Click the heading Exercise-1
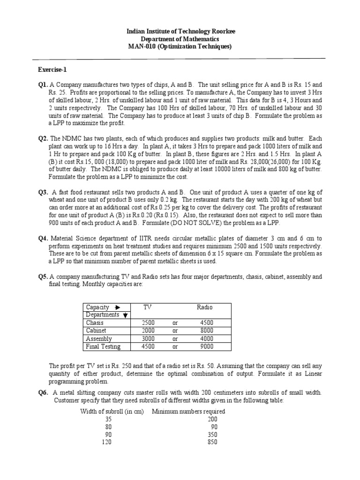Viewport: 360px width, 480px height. pyautogui.click(x=52, y=70)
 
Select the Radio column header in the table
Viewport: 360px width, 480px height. pyautogui.click(x=204, y=307)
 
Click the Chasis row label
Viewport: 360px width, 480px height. pyautogui.click(x=95, y=323)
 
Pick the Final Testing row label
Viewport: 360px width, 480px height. pyautogui.click(x=103, y=347)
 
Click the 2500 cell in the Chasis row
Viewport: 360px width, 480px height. pyautogui.click(x=148, y=323)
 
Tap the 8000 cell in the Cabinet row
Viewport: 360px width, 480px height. pyautogui.click(x=206, y=331)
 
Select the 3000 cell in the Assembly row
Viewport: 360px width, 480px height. pyautogui.click(x=148, y=339)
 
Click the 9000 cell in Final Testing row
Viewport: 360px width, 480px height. pyautogui.click(x=206, y=347)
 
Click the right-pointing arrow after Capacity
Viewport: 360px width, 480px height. pyautogui.click(x=117, y=307)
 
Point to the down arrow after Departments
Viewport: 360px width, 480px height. pyautogui.click(x=126, y=315)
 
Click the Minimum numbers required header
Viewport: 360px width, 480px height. pyautogui.click(x=188, y=412)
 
